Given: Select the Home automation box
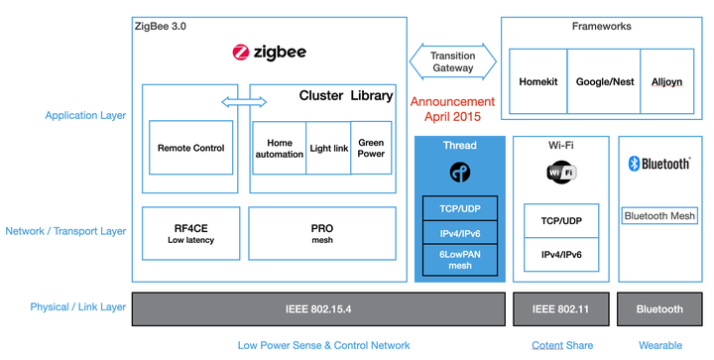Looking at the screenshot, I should (x=279, y=148).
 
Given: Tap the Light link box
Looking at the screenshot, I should (x=327, y=148).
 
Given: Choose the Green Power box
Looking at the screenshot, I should (x=371, y=148).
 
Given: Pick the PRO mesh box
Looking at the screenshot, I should (x=321, y=233).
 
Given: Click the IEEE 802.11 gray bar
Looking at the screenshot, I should (x=560, y=309).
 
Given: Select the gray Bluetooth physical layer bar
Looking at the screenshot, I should (x=659, y=309).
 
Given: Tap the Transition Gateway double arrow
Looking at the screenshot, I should (x=452, y=62).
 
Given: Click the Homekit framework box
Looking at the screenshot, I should (x=538, y=81).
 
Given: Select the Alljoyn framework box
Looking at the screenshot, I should (x=665, y=81).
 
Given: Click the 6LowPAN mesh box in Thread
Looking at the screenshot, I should (x=459, y=259).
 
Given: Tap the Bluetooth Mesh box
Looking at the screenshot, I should (x=658, y=215).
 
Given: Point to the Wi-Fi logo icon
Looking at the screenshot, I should (x=561, y=173).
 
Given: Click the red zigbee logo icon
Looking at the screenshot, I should (x=241, y=52).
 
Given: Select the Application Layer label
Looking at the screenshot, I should (x=85, y=115).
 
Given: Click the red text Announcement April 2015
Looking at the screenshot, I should (x=452, y=108).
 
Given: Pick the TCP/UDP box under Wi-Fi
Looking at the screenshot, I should (x=561, y=221).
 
